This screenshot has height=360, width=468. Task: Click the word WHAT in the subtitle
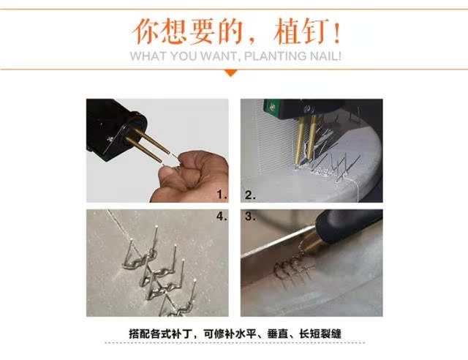pos(148,56)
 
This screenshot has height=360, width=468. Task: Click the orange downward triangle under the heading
pos(231,73)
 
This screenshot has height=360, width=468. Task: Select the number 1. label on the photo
pos(222,195)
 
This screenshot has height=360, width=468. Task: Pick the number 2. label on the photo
pos(250,195)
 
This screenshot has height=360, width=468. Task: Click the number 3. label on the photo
pos(250,217)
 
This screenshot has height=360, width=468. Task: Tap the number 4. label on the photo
pos(222,216)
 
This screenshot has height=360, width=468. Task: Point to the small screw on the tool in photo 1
pos(110,138)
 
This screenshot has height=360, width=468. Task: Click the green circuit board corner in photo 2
pos(271,108)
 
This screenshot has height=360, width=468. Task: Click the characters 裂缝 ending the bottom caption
pos(331,334)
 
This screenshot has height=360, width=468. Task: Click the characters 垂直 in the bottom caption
pos(278,334)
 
